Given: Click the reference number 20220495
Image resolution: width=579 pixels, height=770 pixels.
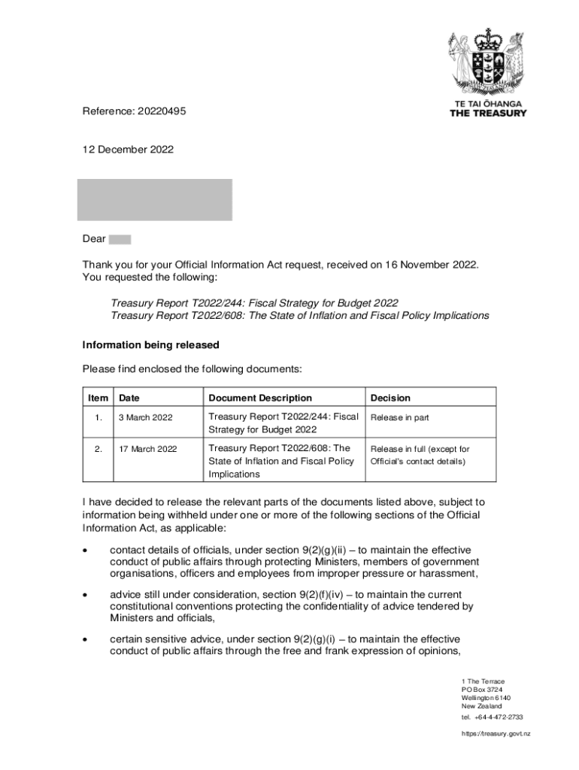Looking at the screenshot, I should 161,111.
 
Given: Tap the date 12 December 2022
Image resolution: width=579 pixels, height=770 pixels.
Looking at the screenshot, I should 128,150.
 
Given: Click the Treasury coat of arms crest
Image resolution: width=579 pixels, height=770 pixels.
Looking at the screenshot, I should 488,62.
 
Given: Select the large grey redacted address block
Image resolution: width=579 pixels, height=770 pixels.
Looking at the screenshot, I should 156,199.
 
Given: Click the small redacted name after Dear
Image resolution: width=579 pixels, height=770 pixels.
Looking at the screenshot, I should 120,239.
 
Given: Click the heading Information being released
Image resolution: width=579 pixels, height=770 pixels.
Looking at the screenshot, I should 150,345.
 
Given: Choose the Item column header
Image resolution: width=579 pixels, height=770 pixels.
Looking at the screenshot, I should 98,398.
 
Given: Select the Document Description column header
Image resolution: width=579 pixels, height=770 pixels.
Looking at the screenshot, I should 259,398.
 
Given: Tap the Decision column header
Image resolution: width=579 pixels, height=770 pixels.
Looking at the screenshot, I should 390,398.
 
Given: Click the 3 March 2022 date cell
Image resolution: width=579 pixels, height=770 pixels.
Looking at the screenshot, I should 146,417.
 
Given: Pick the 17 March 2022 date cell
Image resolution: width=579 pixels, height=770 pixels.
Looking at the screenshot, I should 148,449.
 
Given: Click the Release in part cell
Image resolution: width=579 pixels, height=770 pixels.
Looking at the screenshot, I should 399,417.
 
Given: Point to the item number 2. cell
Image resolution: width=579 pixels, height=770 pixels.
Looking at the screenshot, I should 99,449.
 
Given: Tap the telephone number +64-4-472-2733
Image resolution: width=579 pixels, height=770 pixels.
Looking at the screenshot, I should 499,717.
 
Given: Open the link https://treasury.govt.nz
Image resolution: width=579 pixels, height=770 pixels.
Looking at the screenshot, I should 496,733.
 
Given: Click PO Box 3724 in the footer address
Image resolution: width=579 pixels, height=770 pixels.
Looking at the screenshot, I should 482,690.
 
